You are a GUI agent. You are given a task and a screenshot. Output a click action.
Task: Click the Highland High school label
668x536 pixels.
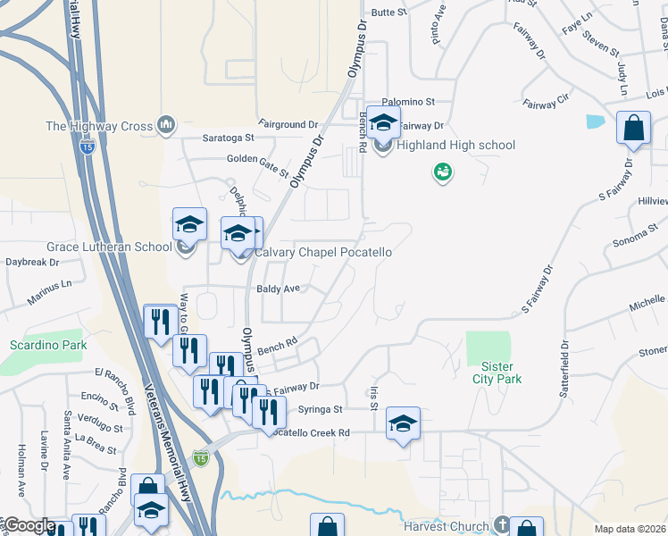pyautogui.click(x=456, y=146)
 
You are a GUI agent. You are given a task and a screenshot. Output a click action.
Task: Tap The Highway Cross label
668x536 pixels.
pyautogui.click(x=99, y=126)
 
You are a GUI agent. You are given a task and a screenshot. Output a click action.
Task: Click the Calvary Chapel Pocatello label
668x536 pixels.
pyautogui.click(x=323, y=253)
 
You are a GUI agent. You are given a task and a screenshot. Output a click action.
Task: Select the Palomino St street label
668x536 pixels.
pyautogui.click(x=408, y=102)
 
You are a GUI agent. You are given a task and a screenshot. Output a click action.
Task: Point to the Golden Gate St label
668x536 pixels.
pyautogui.click(x=257, y=163)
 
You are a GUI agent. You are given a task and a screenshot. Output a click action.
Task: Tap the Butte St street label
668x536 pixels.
pyautogui.click(x=388, y=13)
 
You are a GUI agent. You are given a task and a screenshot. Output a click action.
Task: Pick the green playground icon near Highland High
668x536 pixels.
pyautogui.click(x=441, y=172)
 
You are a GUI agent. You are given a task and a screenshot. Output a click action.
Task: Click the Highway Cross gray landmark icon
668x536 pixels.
pyautogui.click(x=165, y=126)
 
